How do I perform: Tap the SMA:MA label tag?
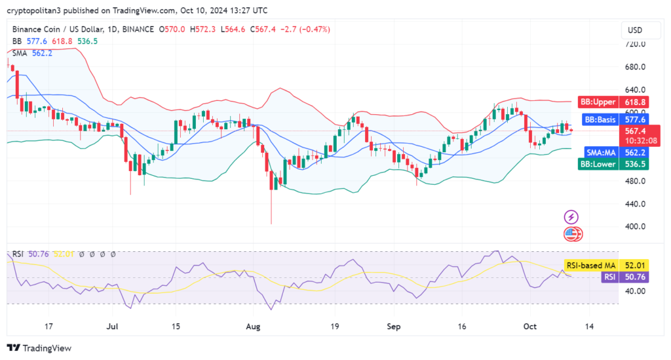click(x=601, y=152)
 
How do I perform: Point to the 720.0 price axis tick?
click(x=635, y=44)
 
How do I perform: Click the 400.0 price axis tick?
click(x=635, y=227)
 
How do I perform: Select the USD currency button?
click(x=635, y=30)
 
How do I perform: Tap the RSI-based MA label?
click(x=590, y=265)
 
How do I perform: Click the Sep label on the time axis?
click(x=394, y=326)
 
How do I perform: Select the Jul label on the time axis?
click(x=113, y=326)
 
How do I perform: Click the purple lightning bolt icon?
click(x=572, y=216)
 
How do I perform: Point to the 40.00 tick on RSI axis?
click(x=635, y=291)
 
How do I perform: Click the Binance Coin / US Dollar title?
click(x=56, y=30)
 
